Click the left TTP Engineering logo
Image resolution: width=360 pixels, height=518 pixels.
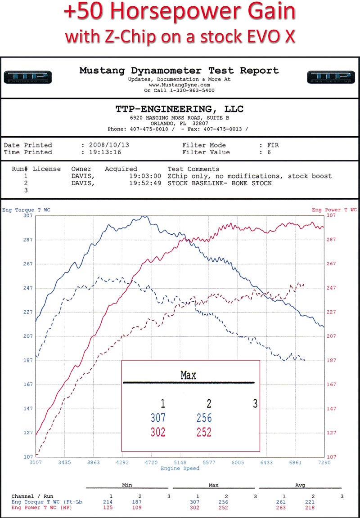[27, 77]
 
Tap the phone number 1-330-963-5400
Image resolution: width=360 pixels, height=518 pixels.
[192, 90]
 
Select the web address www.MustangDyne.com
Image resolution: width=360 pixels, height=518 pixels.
[179, 85]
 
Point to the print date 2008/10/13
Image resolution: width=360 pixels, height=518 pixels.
[106, 145]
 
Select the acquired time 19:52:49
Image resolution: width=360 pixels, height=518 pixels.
[145, 183]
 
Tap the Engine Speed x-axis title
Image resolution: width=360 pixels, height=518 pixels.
[180, 469]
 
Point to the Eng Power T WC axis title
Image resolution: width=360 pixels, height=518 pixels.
[334, 210]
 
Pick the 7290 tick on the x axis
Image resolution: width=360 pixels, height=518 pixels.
[324, 462]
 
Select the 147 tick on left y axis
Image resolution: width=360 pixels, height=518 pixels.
[28, 409]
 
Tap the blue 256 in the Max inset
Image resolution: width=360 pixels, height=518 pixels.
[204, 418]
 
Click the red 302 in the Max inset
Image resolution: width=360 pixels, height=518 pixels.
[158, 433]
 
